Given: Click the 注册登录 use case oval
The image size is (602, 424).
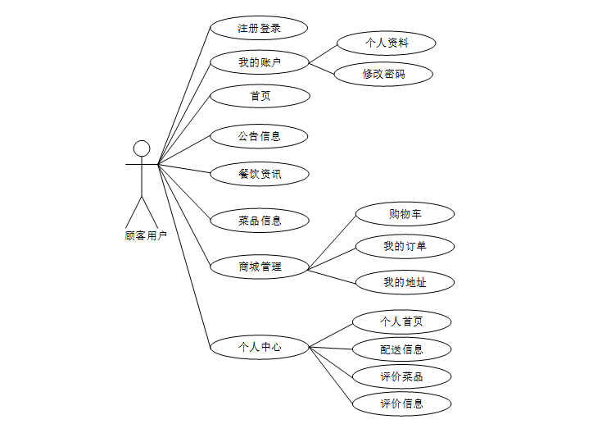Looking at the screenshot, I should click(259, 28).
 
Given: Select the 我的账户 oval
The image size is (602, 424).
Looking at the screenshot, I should click(259, 62).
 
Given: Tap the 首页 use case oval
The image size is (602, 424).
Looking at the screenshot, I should click(260, 96).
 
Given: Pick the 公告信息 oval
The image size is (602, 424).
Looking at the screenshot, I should click(259, 136).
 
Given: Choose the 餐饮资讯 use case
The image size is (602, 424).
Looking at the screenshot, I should click(259, 174).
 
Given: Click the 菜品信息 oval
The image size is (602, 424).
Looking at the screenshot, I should click(259, 220).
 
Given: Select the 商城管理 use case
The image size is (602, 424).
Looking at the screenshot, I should click(259, 266).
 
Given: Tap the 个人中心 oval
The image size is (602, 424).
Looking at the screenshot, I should click(259, 347).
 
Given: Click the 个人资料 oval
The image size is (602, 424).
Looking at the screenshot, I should click(387, 43).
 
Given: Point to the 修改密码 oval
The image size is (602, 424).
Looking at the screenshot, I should click(383, 74).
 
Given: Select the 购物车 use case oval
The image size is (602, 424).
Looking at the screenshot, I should click(405, 215).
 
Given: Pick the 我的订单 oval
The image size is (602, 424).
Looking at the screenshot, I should click(405, 246).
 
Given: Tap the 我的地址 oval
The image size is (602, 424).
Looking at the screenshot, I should click(405, 282).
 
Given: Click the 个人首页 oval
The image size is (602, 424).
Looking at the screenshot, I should click(401, 321).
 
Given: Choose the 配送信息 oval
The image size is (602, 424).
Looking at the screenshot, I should click(401, 349).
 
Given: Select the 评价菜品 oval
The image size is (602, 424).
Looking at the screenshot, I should click(401, 376).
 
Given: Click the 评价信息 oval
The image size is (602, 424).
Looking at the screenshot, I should click(401, 403).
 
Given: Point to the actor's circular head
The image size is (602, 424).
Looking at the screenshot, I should click(142, 148).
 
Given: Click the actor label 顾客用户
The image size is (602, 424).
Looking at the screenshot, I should click(146, 235).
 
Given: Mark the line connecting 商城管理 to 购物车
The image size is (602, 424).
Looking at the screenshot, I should click(333, 241).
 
